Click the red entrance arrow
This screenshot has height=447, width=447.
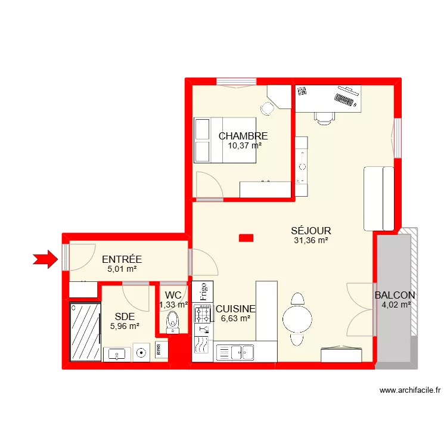pyautogui.click(x=46, y=259)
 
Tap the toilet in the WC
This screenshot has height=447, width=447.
pyautogui.click(x=172, y=322)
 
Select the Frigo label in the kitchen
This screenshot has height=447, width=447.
pyautogui.click(x=203, y=291)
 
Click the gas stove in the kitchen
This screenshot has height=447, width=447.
pyautogui.click(x=203, y=313)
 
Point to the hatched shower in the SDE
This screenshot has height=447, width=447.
pyautogui.click(x=85, y=331)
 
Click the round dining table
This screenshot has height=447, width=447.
pyautogui.click(x=297, y=319)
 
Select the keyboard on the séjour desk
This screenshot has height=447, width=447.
pyautogui.click(x=344, y=100)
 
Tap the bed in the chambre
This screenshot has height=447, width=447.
pyautogui.click(x=225, y=140)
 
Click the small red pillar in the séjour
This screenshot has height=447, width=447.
pyautogui.click(x=246, y=238)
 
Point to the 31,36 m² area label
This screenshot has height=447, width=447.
pyautogui.click(x=311, y=240)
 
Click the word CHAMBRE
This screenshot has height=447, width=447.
pyautogui.click(x=243, y=136)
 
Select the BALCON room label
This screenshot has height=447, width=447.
pyautogui.click(x=395, y=295)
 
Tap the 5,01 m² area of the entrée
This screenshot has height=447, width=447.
pyautogui.click(x=122, y=269)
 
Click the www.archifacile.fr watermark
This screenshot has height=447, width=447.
pyautogui.click(x=410, y=390)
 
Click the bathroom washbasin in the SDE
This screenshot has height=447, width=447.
pyautogui.click(x=117, y=355)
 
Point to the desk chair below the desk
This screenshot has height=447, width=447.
pyautogui.click(x=324, y=118)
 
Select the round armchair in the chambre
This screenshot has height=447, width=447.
pyautogui.click(x=267, y=108)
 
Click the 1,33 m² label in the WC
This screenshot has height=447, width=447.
pyautogui.click(x=173, y=305)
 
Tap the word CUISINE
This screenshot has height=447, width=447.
pyautogui.click(x=235, y=309)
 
